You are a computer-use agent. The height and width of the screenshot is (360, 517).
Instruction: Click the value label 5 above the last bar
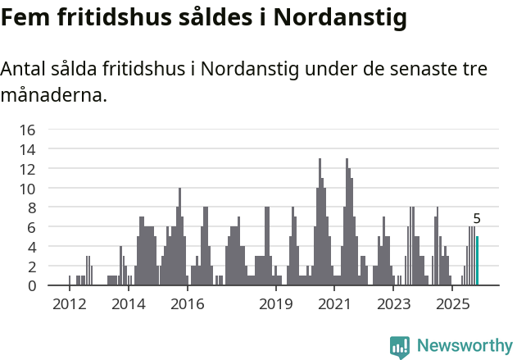(x=477, y=219)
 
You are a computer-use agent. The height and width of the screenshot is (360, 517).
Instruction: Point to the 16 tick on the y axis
(x=28, y=130)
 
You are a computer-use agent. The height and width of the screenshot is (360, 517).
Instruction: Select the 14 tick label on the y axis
(x=28, y=149)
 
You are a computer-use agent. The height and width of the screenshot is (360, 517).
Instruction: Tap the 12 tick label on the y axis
(x=28, y=169)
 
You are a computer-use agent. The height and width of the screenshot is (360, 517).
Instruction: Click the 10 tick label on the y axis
(x=28, y=189)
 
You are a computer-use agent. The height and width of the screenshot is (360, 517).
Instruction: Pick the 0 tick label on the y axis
(x=32, y=286)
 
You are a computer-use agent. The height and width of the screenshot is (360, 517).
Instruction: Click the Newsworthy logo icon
(x=400, y=346)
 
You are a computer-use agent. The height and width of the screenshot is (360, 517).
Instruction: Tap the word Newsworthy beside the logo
(x=464, y=346)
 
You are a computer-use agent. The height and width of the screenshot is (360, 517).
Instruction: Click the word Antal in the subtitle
(x=25, y=70)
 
